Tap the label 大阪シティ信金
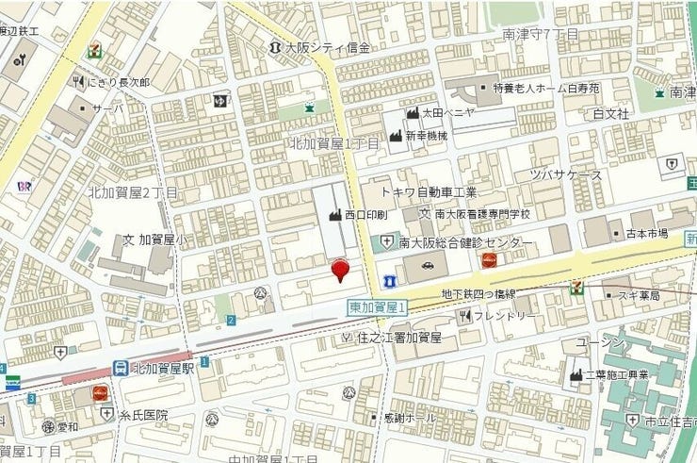tap(328, 46)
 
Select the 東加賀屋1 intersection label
tap(377, 307)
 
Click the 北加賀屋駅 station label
tap(163, 368)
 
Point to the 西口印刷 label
tap(365, 215)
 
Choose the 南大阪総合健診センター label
tap(466, 243)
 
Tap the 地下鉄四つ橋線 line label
tap(479, 294)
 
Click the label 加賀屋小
tap(161, 240)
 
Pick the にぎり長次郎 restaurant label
tap(118, 82)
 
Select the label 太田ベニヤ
tap(447, 112)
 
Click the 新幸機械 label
tap(426, 136)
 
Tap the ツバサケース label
tap(565, 176)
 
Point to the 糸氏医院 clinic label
tap(142, 414)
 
